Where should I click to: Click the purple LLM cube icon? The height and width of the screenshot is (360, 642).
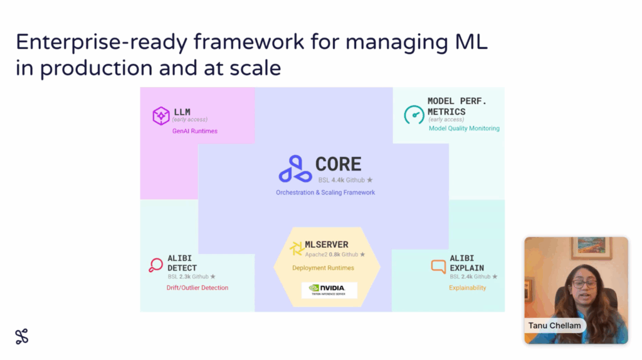tap(161, 116)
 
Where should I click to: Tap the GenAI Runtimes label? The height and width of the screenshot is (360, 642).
tap(195, 131)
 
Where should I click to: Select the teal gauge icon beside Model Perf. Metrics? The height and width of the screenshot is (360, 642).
tap(414, 114)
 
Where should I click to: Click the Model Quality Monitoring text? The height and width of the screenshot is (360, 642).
tap(464, 129)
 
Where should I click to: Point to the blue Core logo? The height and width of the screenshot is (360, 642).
tap(295, 169)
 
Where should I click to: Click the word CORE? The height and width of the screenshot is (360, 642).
tap(338, 164)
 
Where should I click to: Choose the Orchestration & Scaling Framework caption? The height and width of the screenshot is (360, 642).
tap(325, 193)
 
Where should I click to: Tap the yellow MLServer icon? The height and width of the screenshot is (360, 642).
tap(296, 249)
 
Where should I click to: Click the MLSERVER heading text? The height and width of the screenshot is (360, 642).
tap(326, 245)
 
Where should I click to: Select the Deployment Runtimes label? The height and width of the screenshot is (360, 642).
tap(323, 268)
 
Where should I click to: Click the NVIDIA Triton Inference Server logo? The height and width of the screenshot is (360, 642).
tap(329, 290)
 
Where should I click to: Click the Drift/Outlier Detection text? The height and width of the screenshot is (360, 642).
tap(197, 288)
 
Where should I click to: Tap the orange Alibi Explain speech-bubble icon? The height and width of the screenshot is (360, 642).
tap(438, 267)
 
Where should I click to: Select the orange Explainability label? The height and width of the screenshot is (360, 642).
tap(467, 288)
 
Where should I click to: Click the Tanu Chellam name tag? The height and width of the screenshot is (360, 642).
tap(555, 326)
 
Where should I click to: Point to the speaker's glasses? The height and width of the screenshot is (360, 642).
tap(585, 284)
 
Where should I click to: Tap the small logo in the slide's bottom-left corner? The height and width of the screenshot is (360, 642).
tap(22, 336)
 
